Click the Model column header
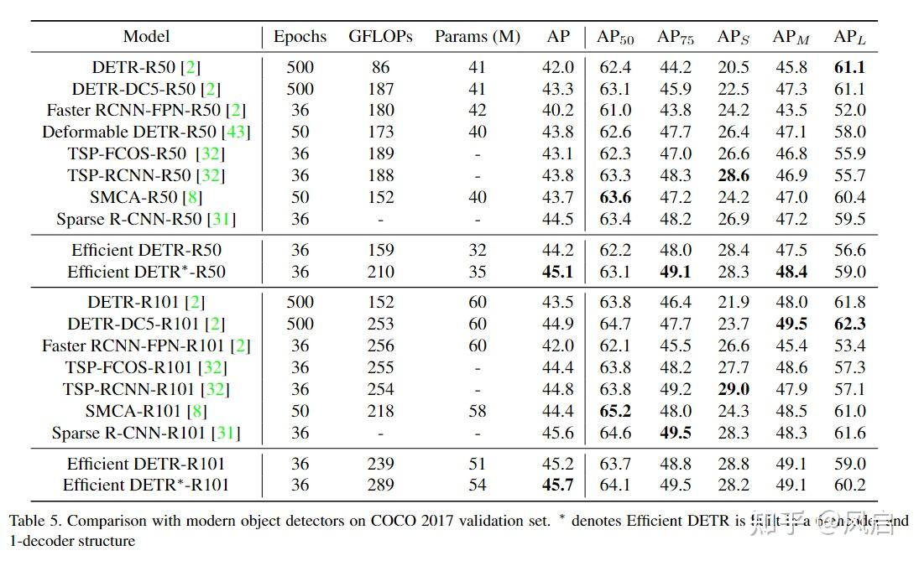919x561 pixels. pos(146,36)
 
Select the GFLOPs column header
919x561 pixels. pos(380,36)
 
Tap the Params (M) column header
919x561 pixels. pos(477,36)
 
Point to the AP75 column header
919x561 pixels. pos(674,36)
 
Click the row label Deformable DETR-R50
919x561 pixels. pos(146,132)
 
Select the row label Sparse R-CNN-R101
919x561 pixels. pos(146,433)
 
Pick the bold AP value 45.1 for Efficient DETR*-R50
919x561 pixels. pos(558,272)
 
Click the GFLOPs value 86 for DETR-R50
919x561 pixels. pos(380,67)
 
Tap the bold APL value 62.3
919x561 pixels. pos(849,324)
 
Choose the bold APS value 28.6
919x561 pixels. pos(733,175)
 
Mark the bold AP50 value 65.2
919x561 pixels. pos(615,411)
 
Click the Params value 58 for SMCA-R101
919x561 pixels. pos(477,411)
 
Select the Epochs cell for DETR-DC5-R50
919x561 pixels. pos(300,89)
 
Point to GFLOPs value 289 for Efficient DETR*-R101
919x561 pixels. pos(380,485)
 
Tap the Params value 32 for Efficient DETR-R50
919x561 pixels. pos(477,250)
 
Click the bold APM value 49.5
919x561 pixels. pos(790,324)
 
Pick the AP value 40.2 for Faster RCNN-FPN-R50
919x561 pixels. pos(558,110)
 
